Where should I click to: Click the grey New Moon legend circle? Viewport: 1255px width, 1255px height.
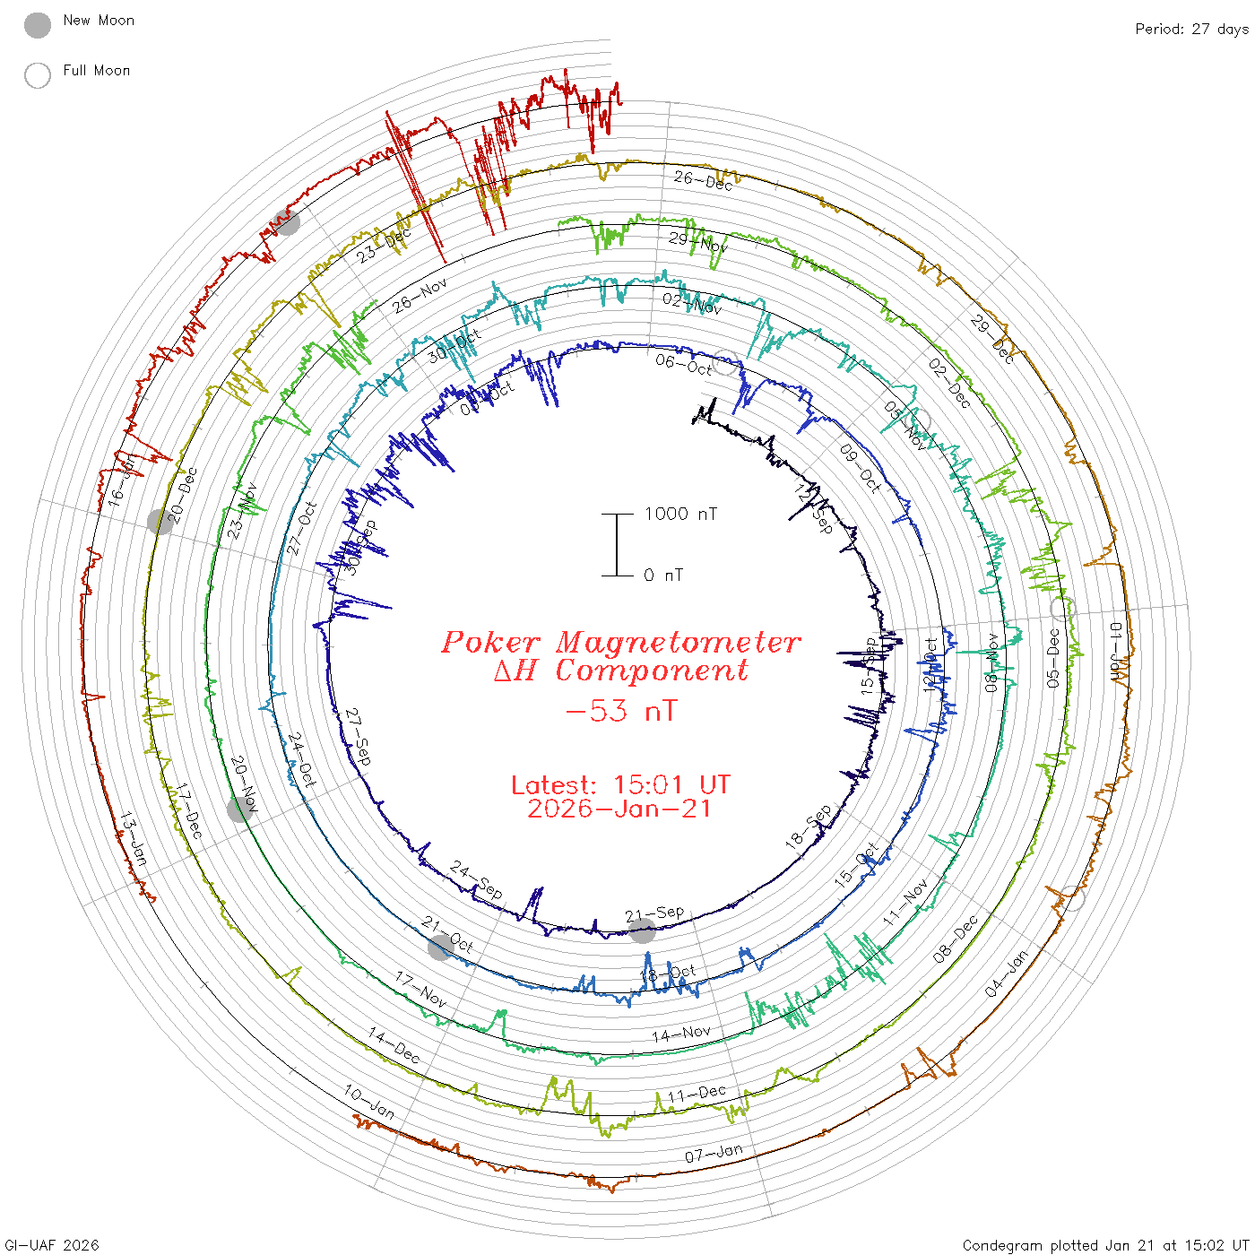pyautogui.click(x=38, y=26)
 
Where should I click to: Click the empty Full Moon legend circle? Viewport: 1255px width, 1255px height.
pyautogui.click(x=38, y=75)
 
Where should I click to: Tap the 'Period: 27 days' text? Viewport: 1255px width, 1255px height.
pyautogui.click(x=1191, y=30)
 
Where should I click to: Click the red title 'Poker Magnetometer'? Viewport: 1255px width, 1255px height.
pyautogui.click(x=620, y=643)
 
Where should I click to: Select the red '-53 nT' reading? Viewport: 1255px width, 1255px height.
pyautogui.click(x=621, y=712)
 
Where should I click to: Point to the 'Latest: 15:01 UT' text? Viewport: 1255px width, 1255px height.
pyautogui.click(x=620, y=785)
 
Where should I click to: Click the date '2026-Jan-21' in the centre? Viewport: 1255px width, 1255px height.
pyautogui.click(x=620, y=809)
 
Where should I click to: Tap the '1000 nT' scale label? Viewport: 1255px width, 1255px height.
pyautogui.click(x=681, y=514)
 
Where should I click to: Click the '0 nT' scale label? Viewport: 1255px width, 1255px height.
pyautogui.click(x=663, y=576)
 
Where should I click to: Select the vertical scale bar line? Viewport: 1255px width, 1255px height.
pyautogui.click(x=617, y=545)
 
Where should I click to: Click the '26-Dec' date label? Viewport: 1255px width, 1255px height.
pyautogui.click(x=703, y=180)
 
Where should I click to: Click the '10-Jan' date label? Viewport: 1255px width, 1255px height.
pyautogui.click(x=369, y=1102)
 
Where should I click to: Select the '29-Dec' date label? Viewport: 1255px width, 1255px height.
pyautogui.click(x=992, y=340)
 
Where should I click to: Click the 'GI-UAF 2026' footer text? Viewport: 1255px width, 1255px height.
pyautogui.click(x=52, y=1245)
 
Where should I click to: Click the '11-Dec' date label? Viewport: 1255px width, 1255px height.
pyautogui.click(x=697, y=1094)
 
